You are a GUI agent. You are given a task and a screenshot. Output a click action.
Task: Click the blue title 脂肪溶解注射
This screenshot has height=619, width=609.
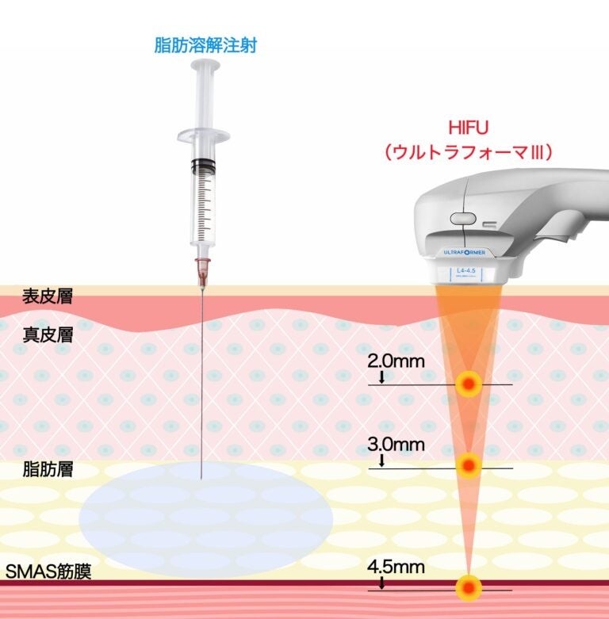point(205,46)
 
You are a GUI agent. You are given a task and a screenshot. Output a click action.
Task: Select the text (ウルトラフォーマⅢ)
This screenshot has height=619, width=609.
point(468,152)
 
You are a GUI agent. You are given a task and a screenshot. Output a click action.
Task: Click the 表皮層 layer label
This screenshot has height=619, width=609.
point(47,297)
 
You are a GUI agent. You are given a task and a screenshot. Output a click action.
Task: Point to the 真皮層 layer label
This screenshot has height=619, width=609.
point(47,335)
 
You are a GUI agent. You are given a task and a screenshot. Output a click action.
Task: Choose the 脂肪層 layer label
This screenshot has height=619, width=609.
point(47,469)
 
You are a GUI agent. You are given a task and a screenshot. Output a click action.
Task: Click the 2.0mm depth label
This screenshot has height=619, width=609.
point(396,361)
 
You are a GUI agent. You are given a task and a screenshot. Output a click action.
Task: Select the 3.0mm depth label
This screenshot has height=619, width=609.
point(396,445)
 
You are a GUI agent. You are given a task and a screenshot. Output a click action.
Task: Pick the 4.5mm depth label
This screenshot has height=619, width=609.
point(396,567)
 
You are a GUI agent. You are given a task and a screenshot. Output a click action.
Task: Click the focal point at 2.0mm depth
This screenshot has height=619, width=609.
point(469,384)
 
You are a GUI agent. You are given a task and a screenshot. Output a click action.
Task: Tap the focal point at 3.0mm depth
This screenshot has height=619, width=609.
point(469,465)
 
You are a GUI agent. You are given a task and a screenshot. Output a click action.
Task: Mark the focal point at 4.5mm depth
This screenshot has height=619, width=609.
point(469,587)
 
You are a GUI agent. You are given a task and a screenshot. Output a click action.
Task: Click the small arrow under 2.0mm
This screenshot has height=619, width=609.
point(381,377)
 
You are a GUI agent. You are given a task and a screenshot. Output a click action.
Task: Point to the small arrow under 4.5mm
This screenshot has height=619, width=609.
point(381,583)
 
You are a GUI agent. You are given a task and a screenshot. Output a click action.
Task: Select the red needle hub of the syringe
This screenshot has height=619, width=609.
point(203,270)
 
